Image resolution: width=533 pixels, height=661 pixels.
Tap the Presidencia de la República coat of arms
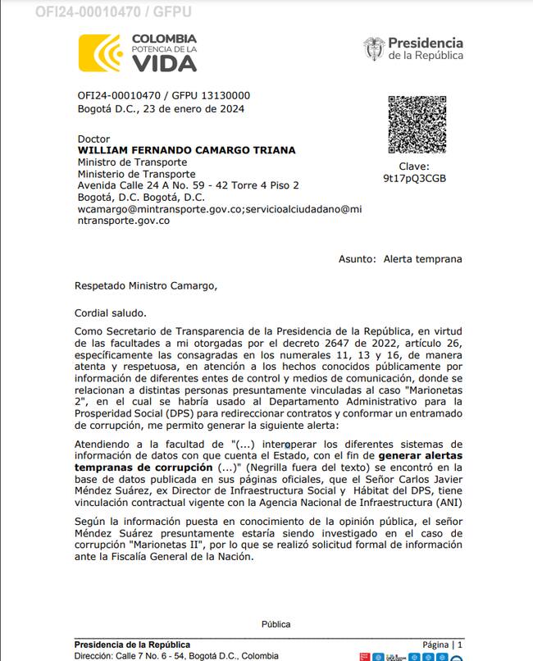[x=374, y=48]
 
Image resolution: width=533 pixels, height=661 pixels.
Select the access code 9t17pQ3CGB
[x=415, y=178]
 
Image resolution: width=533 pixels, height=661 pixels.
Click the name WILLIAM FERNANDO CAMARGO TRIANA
[x=186, y=151]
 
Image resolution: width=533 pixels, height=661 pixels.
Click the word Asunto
[x=356, y=259]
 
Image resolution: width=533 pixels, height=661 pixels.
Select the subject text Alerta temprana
[x=422, y=259]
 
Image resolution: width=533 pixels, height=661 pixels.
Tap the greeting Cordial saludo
[x=111, y=312]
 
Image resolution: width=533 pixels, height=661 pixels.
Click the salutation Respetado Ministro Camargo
[x=147, y=286]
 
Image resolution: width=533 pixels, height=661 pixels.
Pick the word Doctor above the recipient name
[x=93, y=139]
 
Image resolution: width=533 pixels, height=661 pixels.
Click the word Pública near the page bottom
[x=276, y=624]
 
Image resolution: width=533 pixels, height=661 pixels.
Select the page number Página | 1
[x=443, y=645]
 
